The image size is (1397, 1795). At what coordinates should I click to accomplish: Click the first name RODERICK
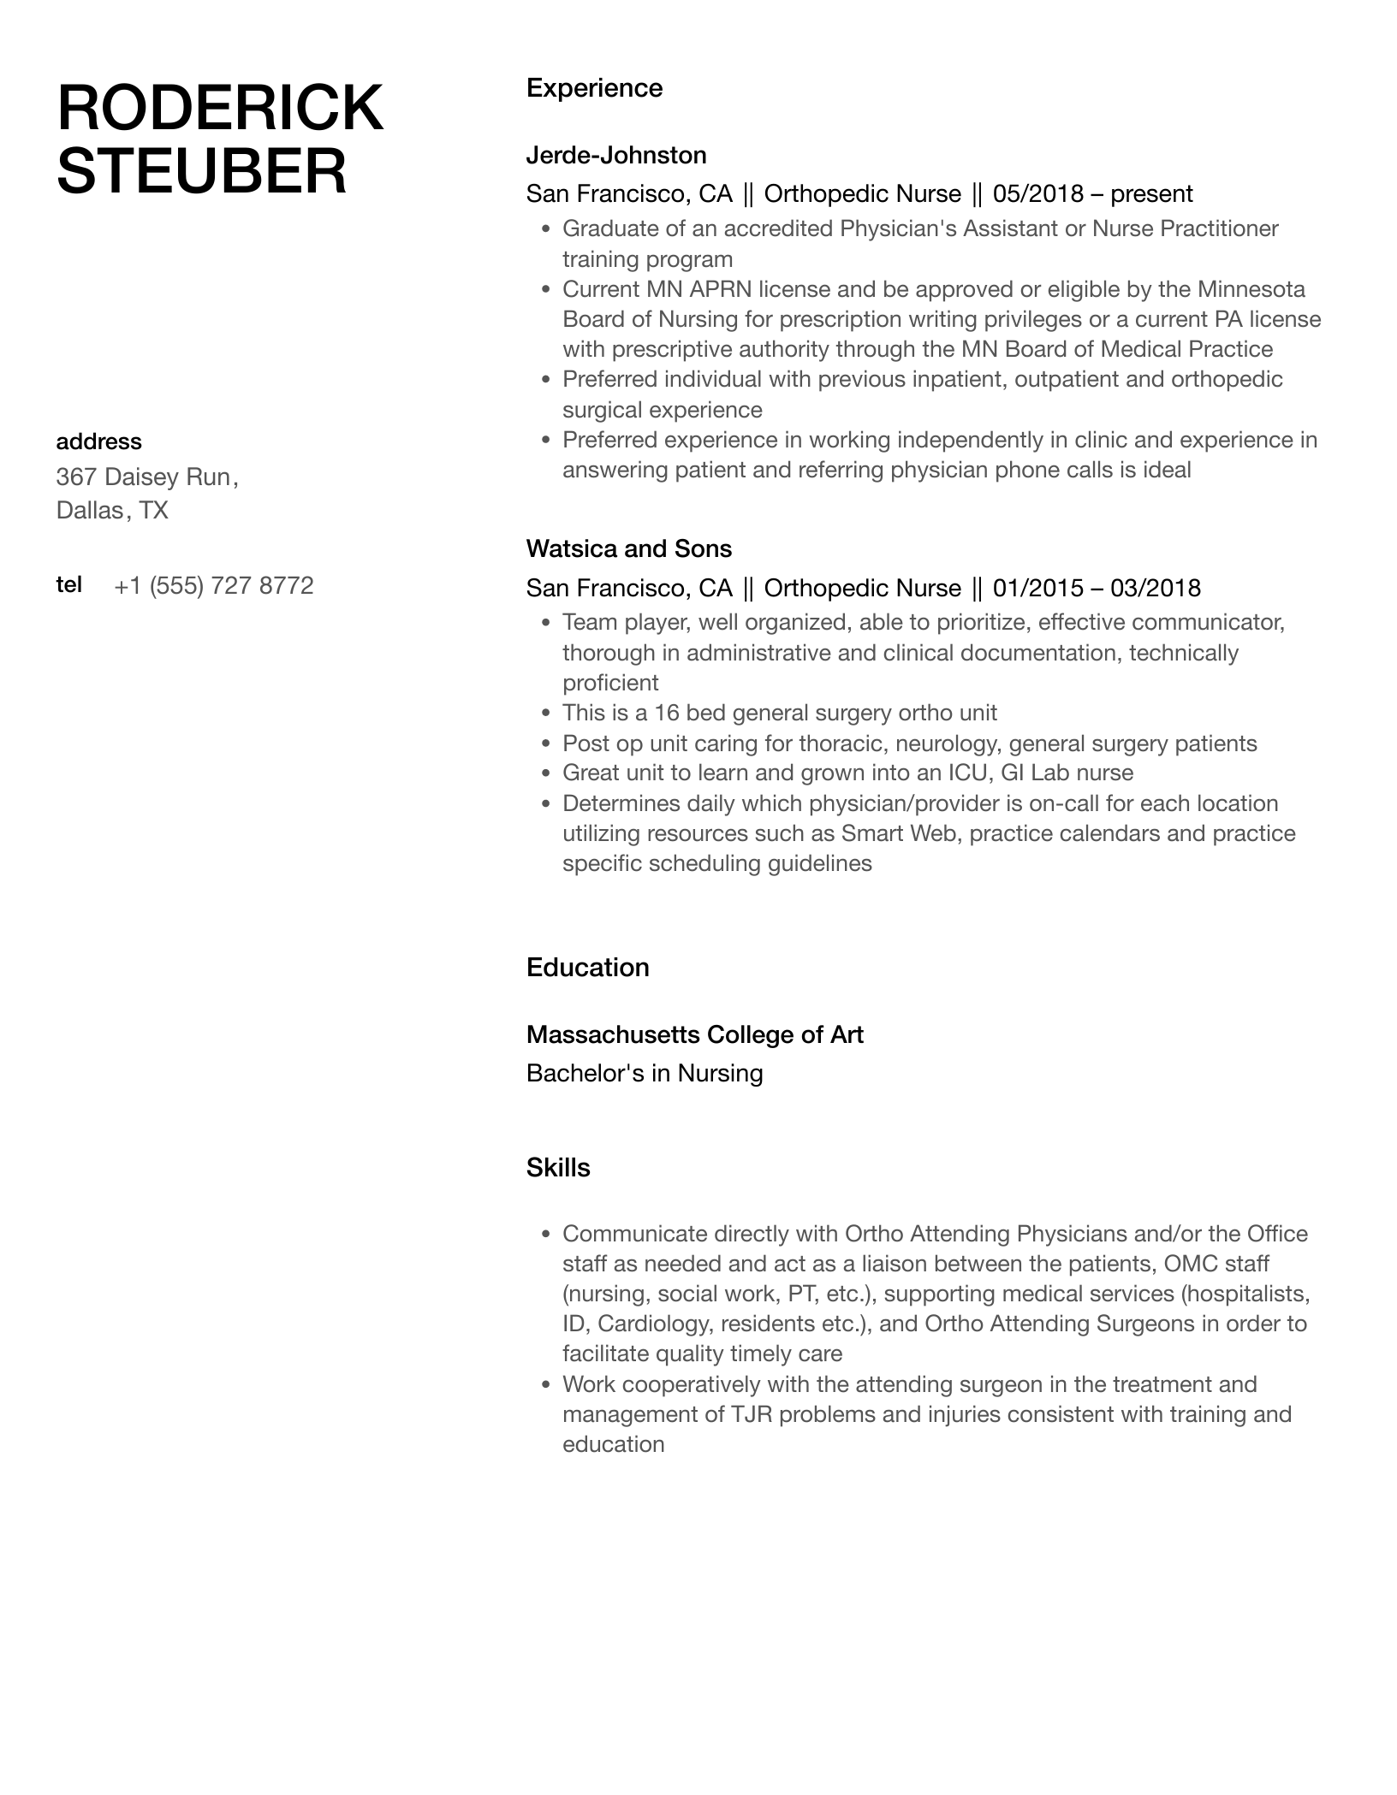tap(220, 109)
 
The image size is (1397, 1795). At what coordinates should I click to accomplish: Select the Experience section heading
tap(594, 88)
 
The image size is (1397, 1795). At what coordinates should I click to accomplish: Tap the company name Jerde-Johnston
tap(616, 155)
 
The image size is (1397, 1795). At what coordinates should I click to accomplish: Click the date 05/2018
tap(1038, 194)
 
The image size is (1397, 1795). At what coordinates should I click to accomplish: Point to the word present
tap(1151, 194)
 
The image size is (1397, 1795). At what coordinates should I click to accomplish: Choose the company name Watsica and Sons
tap(629, 548)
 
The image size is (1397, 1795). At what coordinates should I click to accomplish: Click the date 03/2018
tap(1156, 588)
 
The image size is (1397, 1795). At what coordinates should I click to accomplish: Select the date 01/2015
tap(1038, 588)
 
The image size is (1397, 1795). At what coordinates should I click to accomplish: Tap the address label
tap(98, 441)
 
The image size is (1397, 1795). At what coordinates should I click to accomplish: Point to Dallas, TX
tap(112, 511)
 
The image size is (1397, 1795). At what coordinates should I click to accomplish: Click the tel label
tap(68, 584)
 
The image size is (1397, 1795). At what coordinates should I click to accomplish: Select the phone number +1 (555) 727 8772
tap(214, 585)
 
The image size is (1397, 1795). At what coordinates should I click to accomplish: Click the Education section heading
tap(587, 968)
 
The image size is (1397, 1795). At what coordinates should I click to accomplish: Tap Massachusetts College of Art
tap(694, 1035)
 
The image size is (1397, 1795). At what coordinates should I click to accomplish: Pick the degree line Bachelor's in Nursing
tap(645, 1074)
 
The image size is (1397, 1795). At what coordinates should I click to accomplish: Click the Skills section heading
tap(558, 1168)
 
